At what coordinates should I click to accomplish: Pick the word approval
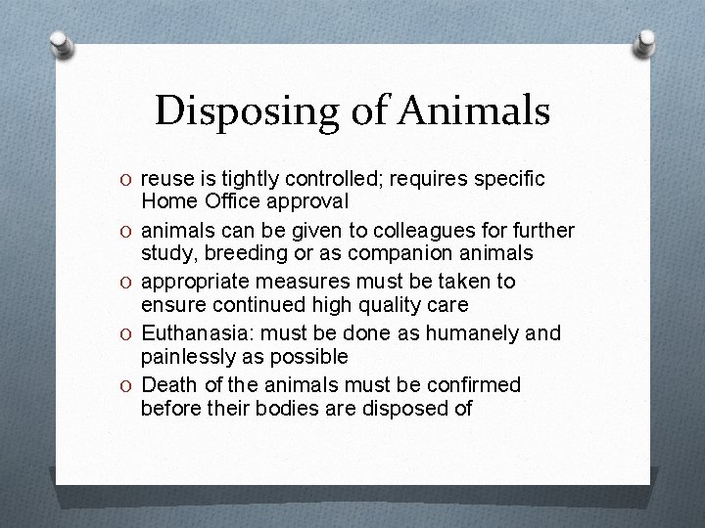[x=305, y=202]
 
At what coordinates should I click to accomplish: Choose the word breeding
[x=254, y=254]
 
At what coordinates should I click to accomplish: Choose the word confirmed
[x=470, y=384]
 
